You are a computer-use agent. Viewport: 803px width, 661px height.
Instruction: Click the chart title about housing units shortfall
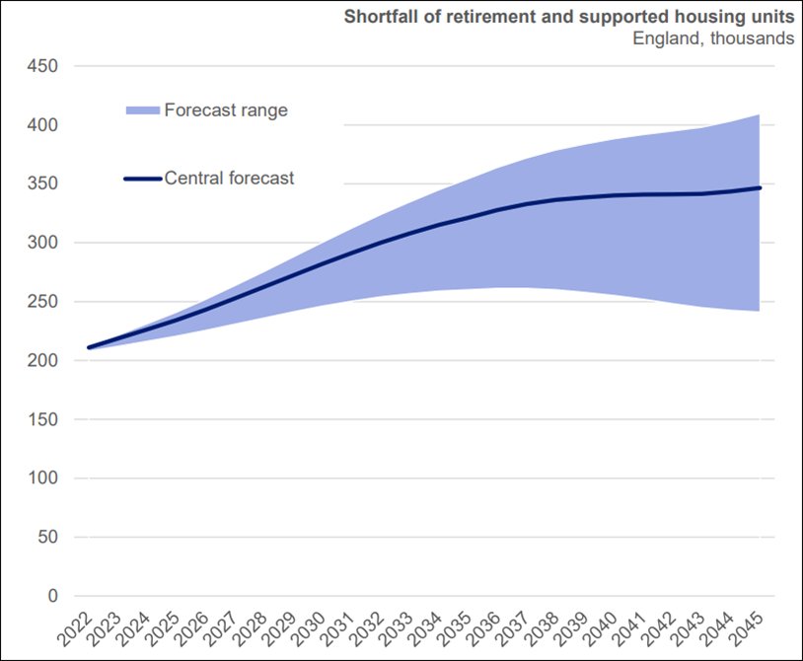coord(567,17)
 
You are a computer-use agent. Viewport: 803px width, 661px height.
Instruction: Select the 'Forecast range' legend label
coord(226,110)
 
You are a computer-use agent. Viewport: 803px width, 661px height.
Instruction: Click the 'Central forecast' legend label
coord(229,179)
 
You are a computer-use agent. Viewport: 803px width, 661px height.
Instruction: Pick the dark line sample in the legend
coord(143,179)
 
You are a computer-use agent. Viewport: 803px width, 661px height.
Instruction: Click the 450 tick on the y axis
coord(43,66)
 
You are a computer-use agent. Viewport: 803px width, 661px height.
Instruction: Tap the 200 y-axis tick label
coord(43,360)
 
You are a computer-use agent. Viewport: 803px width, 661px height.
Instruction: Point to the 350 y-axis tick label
coord(43,184)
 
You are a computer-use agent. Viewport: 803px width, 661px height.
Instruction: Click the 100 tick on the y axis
coord(43,478)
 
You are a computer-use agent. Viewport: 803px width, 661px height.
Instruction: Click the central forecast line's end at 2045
coord(760,187)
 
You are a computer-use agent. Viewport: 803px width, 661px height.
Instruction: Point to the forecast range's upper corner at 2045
coord(759,115)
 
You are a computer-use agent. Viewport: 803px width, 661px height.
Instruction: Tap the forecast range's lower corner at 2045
coord(759,311)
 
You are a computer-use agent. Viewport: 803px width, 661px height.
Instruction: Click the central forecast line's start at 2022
coord(90,347)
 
